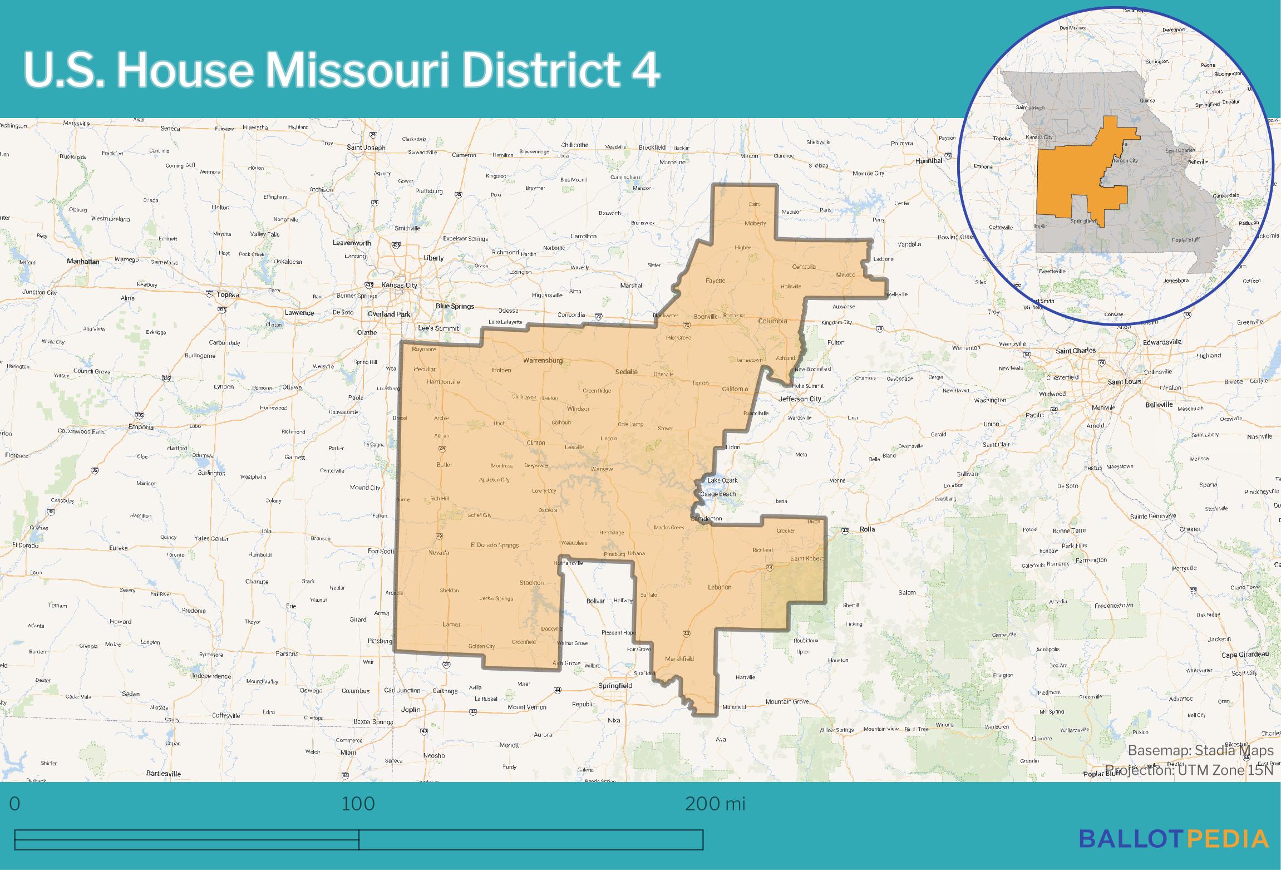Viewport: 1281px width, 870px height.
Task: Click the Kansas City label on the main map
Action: (399, 285)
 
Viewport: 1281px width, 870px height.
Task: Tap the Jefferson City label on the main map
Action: (800, 399)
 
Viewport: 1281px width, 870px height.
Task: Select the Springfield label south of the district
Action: (615, 686)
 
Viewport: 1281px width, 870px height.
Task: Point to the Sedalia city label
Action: (626, 371)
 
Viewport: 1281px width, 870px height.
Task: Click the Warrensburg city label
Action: (543, 360)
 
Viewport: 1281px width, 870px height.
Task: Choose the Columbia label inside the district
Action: (772, 321)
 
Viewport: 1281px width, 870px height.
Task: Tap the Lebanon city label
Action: (720, 587)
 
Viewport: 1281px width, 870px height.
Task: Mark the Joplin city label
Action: (411, 710)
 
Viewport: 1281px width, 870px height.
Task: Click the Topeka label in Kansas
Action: (228, 294)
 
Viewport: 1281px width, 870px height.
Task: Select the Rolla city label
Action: (868, 529)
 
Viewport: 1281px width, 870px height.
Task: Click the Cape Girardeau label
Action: (1245, 655)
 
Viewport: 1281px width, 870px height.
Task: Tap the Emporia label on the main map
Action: (140, 427)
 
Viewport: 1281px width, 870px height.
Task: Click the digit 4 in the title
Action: (645, 71)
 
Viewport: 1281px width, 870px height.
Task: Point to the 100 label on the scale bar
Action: (358, 804)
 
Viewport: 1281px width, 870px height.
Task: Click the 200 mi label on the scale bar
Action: (715, 804)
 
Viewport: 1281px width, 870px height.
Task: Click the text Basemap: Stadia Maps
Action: (1200, 750)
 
